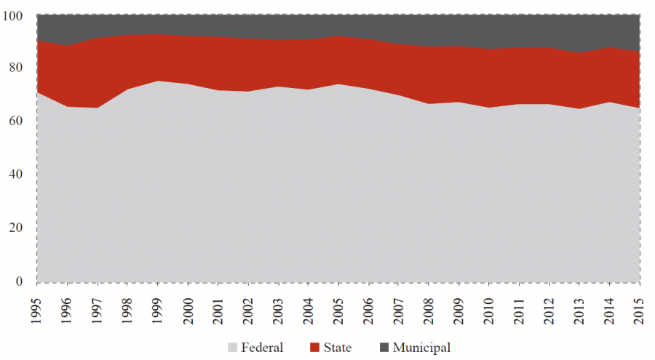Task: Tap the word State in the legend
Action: click(x=336, y=348)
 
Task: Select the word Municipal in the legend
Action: click(x=422, y=348)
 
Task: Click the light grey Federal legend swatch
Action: click(x=233, y=348)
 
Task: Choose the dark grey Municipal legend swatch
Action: click(x=383, y=348)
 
